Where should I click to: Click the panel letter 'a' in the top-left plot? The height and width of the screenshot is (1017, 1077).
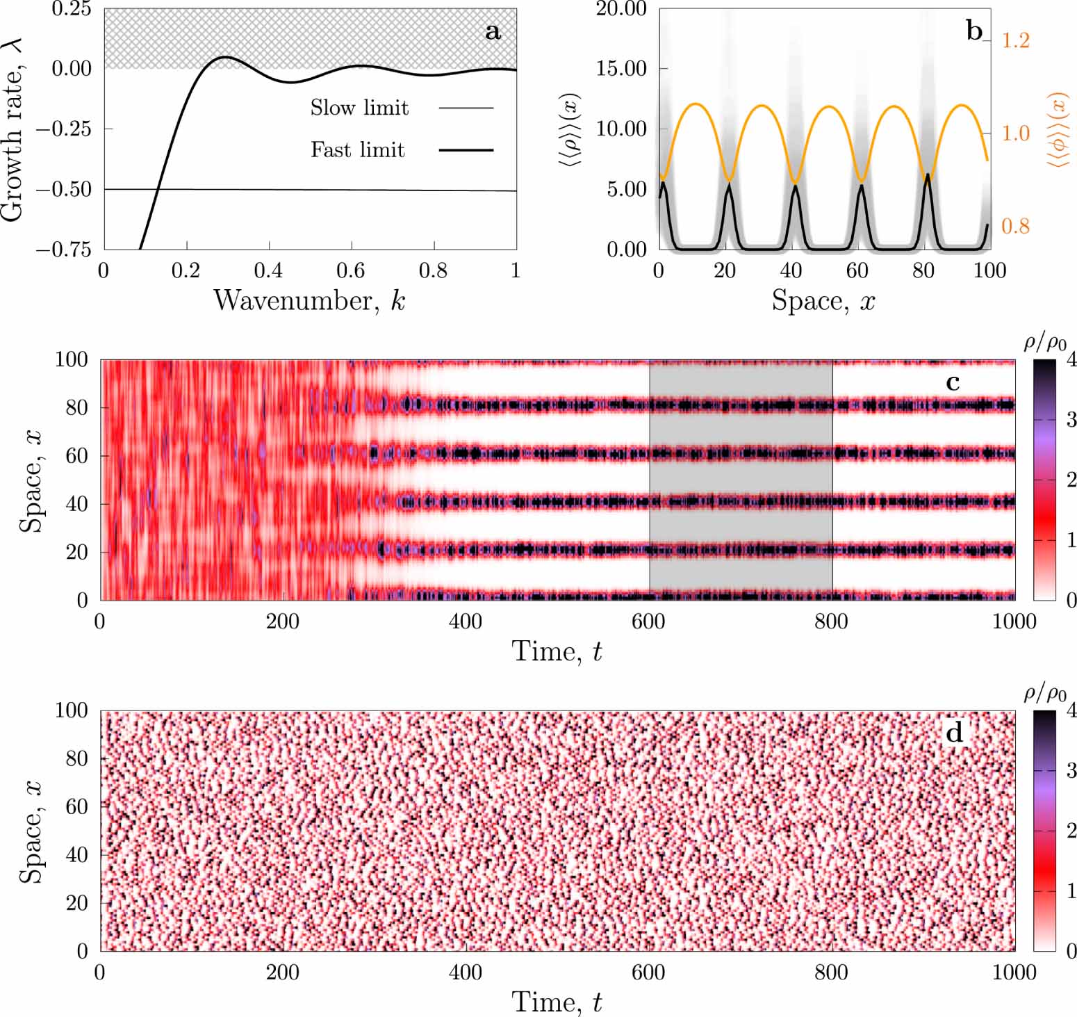493,31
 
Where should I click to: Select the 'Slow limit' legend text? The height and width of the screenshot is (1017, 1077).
359,108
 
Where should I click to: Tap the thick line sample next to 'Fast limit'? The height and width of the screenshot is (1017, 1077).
466,149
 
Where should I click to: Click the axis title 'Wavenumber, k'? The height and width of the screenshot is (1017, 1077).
309,300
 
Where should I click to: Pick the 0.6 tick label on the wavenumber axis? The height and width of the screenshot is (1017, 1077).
351,270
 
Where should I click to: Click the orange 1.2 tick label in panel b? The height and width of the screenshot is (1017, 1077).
1015,40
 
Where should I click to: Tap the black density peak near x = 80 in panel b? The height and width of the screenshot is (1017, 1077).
928,176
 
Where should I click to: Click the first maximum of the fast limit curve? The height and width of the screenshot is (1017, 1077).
224,57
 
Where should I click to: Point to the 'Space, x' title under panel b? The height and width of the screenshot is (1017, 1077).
823,300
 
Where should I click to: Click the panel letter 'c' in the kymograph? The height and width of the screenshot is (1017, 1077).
953,382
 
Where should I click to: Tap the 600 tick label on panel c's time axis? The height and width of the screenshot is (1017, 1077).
648,621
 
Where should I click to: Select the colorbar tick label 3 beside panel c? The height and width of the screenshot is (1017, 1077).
1071,419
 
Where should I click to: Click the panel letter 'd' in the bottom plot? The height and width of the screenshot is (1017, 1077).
955,733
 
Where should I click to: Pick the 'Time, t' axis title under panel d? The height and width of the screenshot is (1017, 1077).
557,1002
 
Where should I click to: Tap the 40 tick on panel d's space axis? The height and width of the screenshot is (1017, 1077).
77,854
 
